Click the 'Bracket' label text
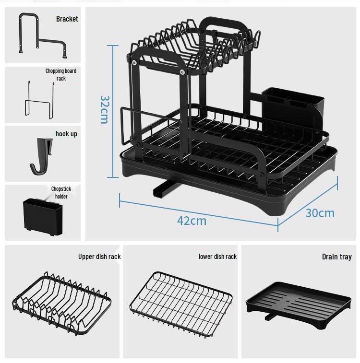(67, 19)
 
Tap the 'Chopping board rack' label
(61, 74)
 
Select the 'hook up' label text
(66, 134)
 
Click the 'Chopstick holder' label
(61, 192)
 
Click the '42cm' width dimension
(192, 221)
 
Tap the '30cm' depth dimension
(320, 212)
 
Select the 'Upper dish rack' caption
(99, 257)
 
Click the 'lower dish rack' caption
(217, 257)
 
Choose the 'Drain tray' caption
(336, 257)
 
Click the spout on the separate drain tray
(269, 316)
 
